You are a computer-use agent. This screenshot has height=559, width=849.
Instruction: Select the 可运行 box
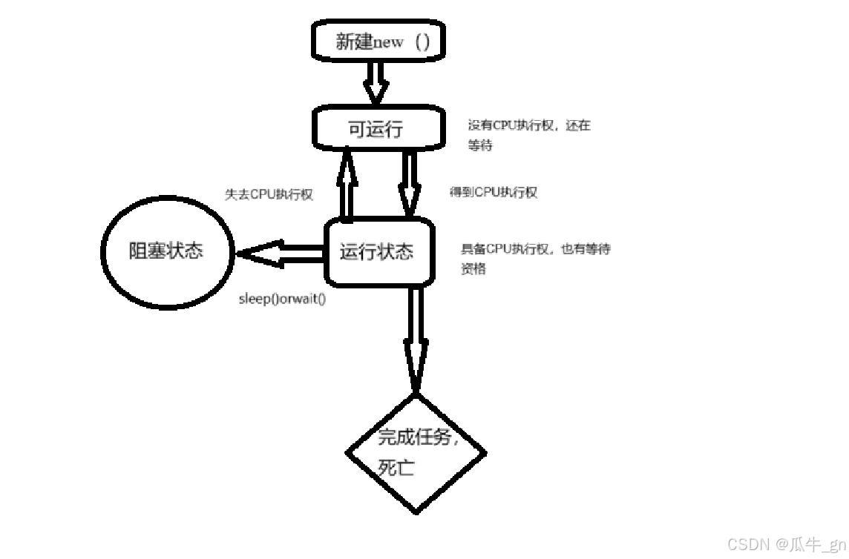[x=376, y=128]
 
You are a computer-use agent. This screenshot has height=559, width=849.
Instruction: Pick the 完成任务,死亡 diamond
[x=416, y=452]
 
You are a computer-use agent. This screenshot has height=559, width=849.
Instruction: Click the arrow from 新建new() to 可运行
[x=376, y=82]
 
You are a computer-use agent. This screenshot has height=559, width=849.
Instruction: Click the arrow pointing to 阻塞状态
[x=282, y=252]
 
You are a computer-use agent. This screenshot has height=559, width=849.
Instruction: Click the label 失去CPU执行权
[x=269, y=194]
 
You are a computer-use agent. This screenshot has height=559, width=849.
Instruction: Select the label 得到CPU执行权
[x=493, y=192]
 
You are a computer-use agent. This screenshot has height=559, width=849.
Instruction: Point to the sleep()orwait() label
[x=282, y=300]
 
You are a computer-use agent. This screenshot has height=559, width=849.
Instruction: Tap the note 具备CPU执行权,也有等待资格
[x=535, y=259]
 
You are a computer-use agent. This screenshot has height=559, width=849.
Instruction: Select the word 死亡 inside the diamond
[x=396, y=468]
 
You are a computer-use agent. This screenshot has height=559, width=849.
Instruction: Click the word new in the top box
[x=388, y=42]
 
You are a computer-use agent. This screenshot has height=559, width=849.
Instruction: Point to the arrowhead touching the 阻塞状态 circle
[x=252, y=252]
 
